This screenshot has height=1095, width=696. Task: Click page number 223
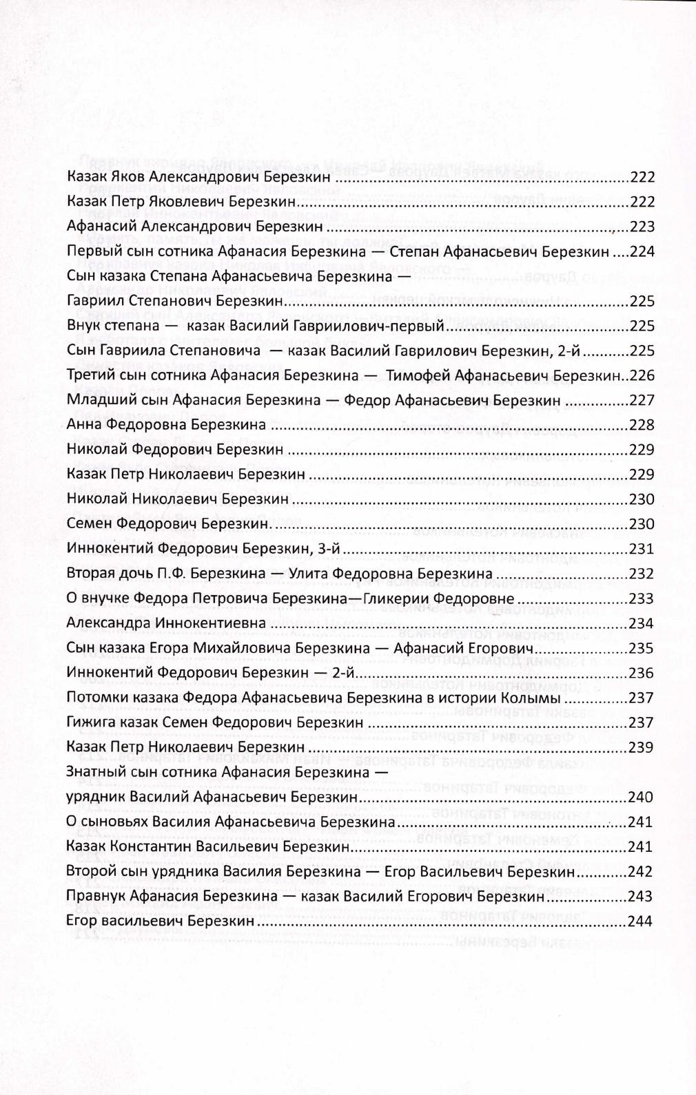click(642, 227)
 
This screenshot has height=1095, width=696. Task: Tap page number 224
click(642, 251)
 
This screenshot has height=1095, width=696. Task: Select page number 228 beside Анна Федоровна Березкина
click(642, 425)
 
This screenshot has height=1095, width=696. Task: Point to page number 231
click(642, 549)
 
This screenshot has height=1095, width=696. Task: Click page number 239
click(642, 747)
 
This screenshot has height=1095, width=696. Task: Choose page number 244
click(642, 921)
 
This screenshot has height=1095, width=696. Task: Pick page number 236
click(642, 673)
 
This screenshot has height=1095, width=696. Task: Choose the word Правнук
click(94, 897)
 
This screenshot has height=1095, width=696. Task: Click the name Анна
click(83, 425)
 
